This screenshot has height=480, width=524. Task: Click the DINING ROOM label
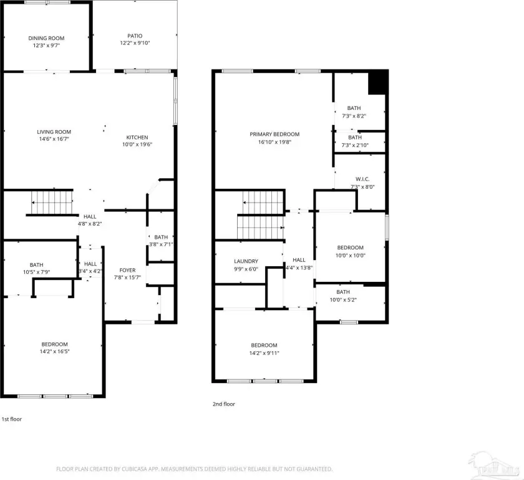click(x=46, y=38)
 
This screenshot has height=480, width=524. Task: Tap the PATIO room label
click(x=135, y=36)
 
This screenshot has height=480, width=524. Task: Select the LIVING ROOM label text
click(x=54, y=132)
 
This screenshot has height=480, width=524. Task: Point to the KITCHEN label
click(x=137, y=137)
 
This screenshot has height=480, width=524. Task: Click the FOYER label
click(x=128, y=270)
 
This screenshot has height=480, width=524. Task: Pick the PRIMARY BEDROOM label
click(x=274, y=134)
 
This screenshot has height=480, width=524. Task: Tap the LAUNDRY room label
click(x=246, y=261)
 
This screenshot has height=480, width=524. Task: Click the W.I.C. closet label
click(x=362, y=179)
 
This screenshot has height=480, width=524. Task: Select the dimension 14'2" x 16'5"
click(x=54, y=351)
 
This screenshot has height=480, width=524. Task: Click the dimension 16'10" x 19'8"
click(x=274, y=142)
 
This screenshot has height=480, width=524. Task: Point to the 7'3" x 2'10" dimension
click(x=355, y=145)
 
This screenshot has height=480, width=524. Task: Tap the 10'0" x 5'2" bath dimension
click(x=343, y=300)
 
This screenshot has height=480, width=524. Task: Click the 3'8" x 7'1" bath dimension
click(x=161, y=244)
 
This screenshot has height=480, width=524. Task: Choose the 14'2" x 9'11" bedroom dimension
click(x=264, y=352)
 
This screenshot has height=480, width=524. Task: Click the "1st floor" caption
click(x=12, y=419)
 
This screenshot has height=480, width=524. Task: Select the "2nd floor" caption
click(x=224, y=404)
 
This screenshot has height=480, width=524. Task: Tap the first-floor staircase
click(x=52, y=202)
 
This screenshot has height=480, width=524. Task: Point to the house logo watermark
click(x=495, y=465)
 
